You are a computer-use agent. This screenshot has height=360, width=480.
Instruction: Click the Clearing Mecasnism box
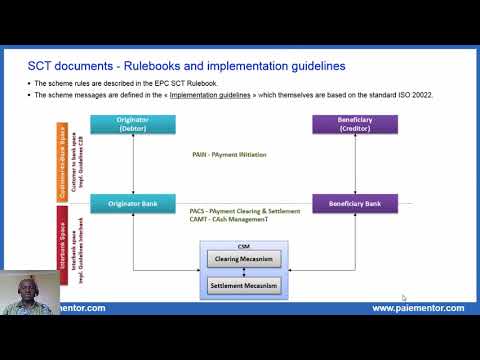click(243, 260)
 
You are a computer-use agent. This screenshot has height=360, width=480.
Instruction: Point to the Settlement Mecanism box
click(243, 285)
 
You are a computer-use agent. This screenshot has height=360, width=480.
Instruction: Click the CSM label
click(243, 246)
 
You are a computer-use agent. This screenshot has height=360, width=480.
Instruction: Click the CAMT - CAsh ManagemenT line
click(235, 220)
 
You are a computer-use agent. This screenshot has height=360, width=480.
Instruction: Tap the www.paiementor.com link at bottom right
click(417, 308)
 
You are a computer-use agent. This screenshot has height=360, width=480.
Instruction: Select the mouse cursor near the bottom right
click(404, 297)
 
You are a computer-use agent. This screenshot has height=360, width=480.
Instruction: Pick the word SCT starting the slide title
click(40, 66)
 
